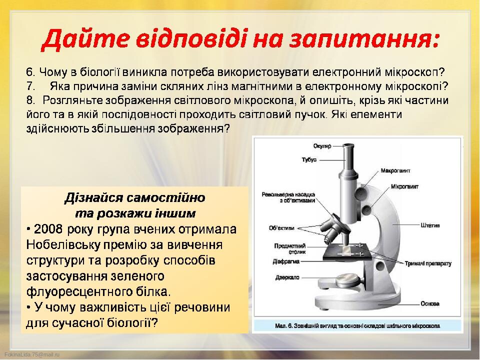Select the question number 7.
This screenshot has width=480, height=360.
coord(30,86)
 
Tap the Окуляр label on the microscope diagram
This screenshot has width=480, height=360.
coord(322,146)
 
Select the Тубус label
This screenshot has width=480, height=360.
coord(309,159)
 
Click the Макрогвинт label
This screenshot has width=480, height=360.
coord(395,170)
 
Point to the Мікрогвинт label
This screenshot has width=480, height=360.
coord(404,186)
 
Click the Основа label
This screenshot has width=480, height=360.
coord(430,303)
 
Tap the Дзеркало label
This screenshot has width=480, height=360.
coord(287,277)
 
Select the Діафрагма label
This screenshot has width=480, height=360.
coord(286,261)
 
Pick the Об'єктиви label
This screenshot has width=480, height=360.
coord(281,228)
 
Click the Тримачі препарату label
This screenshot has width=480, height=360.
coord(428,263)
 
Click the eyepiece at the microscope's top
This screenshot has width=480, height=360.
coord(348,150)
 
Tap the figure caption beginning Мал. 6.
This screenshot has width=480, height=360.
coord(357,325)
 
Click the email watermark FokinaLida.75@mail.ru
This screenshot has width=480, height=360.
coord(32,354)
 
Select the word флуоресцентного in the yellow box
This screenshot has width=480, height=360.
coord(76,291)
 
